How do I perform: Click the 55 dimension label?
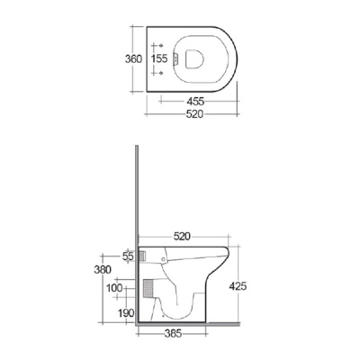127,256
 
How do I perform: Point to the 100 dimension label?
115,287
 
